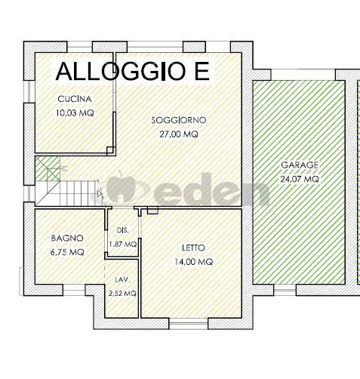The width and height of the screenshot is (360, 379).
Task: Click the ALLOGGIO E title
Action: (132, 71)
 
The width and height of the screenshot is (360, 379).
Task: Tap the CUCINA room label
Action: (75, 99)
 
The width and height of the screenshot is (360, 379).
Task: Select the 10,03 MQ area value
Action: (75, 112)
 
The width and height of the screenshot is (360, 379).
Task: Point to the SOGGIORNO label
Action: (179, 120)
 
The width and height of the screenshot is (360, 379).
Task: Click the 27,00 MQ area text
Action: (179, 134)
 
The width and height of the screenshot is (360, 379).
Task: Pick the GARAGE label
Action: (300, 165)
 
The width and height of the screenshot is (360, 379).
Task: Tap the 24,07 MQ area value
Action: (300, 179)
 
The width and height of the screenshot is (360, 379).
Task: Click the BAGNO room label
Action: (67, 238)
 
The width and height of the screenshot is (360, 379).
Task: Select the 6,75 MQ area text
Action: (67, 252)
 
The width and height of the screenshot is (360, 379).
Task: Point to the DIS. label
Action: (123, 230)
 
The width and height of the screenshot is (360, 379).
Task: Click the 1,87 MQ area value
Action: (123, 244)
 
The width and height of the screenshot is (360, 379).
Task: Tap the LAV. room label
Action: (122, 279)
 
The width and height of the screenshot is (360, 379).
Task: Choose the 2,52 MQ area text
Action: (122, 293)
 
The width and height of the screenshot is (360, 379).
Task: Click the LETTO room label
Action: (193, 248)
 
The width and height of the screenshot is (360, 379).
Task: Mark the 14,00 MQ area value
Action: (193, 262)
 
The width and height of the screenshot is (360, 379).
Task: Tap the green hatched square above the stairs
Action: (48, 168)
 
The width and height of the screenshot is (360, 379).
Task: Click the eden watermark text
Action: (211, 190)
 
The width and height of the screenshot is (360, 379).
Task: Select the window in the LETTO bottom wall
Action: (189, 324)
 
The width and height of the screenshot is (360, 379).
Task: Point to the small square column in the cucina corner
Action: (110, 150)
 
